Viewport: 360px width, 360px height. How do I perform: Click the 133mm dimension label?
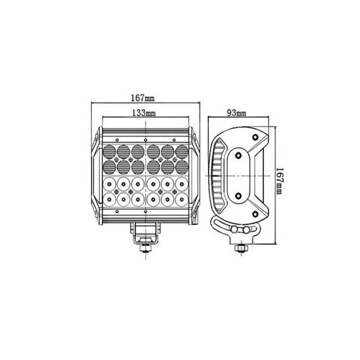[x=144, y=113]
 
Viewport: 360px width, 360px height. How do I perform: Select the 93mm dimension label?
[x=236, y=113]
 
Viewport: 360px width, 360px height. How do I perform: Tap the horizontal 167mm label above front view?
[x=143, y=98]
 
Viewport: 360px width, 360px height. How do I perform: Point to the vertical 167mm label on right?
[x=279, y=181]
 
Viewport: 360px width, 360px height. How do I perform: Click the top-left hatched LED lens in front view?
[x=109, y=152]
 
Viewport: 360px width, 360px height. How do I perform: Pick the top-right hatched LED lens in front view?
[x=182, y=152]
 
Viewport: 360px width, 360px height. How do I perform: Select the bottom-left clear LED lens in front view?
[x=109, y=200]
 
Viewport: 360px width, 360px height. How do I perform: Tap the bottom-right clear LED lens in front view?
[x=182, y=200]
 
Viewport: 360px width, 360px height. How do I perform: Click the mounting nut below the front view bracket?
[x=145, y=248]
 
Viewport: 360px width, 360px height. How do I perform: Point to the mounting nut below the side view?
[x=240, y=248]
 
